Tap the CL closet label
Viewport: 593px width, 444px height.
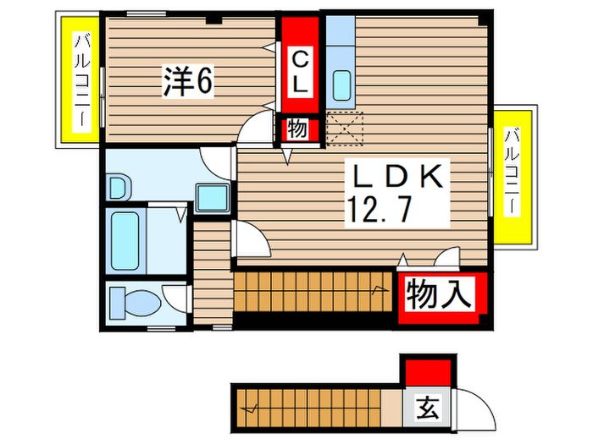[x=300, y=71]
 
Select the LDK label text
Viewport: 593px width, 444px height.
[x=397, y=178]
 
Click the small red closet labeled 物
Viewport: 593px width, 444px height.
[x=298, y=129]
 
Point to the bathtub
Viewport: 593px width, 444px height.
[x=127, y=239]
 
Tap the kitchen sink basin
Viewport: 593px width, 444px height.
[x=344, y=85]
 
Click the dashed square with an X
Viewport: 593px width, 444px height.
[x=343, y=129]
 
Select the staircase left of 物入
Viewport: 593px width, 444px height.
[x=313, y=290]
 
